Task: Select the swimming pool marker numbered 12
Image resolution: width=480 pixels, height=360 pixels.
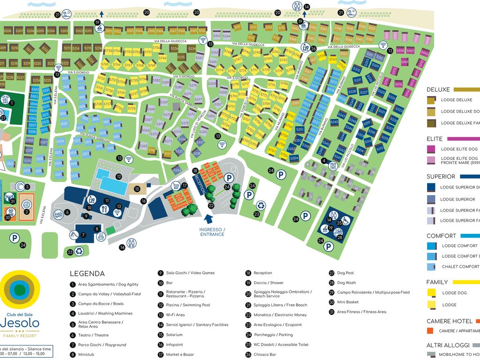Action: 119,177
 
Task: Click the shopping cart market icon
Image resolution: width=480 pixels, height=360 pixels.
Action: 176,185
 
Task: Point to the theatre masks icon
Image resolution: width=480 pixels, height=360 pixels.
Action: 58,214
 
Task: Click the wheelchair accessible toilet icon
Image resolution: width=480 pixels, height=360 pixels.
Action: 345,221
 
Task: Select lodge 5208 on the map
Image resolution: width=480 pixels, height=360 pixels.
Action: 7,31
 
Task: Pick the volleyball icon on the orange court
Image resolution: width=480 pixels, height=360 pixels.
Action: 27,204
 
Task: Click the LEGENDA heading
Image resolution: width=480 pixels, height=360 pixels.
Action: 87,274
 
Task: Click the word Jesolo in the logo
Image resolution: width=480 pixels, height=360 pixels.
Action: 20,323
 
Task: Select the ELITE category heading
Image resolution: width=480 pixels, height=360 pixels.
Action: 435,139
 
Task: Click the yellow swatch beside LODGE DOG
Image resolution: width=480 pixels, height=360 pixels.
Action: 431,293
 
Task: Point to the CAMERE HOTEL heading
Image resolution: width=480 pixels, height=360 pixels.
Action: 449,321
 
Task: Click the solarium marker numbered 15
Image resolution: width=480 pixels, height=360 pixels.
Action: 137,189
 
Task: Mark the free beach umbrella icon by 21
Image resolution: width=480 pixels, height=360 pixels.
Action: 67,15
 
